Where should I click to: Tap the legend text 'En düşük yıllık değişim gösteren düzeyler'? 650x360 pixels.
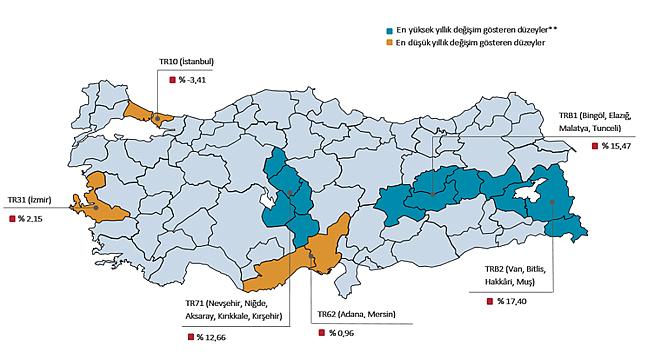(470, 46)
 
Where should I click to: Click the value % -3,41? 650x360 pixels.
(196, 80)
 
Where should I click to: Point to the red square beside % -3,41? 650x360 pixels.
(170, 80)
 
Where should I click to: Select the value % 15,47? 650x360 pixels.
(616, 147)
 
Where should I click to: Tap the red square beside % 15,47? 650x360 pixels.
(594, 147)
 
